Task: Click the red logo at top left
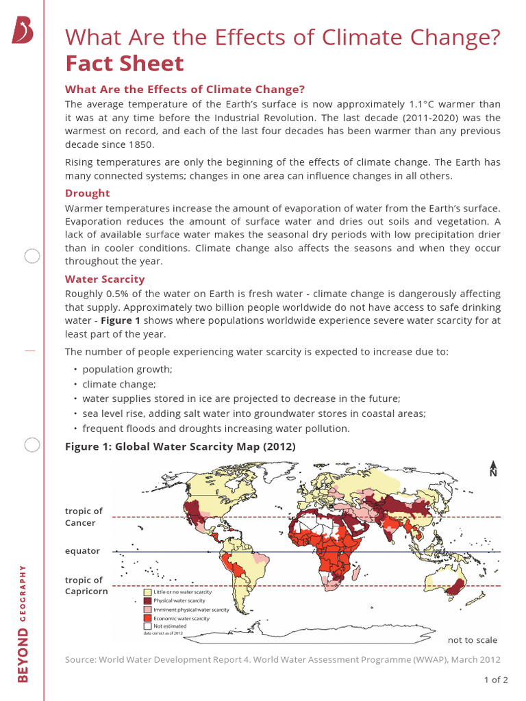pyautogui.click(x=22, y=31)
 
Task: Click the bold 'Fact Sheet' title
pyautogui.click(x=124, y=64)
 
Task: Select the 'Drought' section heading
pyautogui.click(x=87, y=194)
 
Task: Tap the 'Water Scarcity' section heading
pyautogui.click(x=105, y=279)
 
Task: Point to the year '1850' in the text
pyautogui.click(x=138, y=144)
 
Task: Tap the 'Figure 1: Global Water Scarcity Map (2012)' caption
pyautogui.click(x=180, y=447)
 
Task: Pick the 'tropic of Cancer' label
pyautogui.click(x=84, y=517)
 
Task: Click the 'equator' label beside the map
pyautogui.click(x=82, y=550)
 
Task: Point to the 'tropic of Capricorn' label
pyautogui.click(x=86, y=586)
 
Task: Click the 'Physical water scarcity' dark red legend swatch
pyautogui.click(x=147, y=600)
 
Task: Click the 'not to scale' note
pyautogui.click(x=472, y=640)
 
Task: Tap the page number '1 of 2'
pyautogui.click(x=495, y=680)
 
